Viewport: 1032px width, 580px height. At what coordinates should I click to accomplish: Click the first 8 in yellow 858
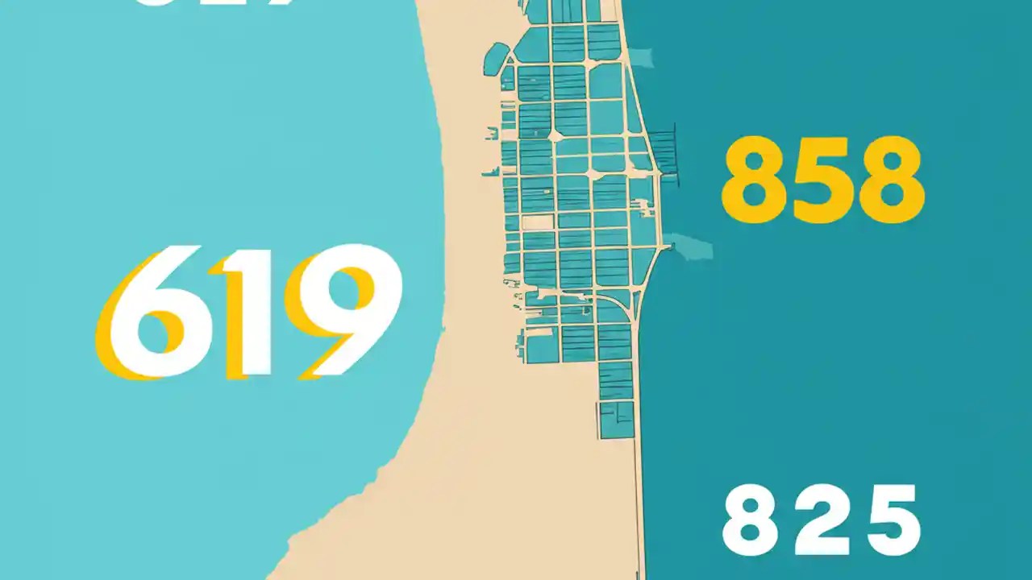coord(755,179)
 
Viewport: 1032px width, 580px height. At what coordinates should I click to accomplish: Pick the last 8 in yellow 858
coord(892,179)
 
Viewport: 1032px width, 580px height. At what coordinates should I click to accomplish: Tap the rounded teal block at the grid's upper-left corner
coord(496,56)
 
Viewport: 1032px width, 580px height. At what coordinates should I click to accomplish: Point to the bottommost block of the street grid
coord(617,420)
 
